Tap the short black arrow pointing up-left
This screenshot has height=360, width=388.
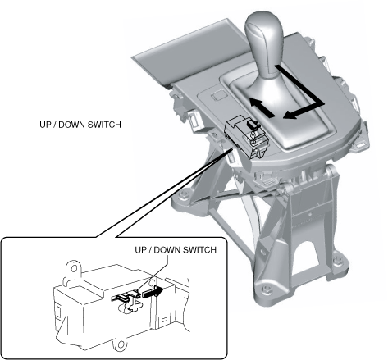pyautogui.click(x=262, y=107)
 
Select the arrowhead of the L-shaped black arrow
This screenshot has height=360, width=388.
pyautogui.click(x=290, y=115)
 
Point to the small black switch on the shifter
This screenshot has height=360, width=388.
pyautogui.click(x=253, y=124)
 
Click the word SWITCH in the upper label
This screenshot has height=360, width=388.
pyautogui.click(x=104, y=125)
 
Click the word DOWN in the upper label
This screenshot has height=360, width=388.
pyautogui.click(x=72, y=125)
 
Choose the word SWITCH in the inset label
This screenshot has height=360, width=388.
pyautogui.click(x=199, y=249)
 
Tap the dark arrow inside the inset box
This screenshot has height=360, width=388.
pyautogui.click(x=153, y=292)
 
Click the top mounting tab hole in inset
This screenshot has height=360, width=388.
pyautogui.click(x=74, y=268)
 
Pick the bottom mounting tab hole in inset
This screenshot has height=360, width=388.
pyautogui.click(x=121, y=345)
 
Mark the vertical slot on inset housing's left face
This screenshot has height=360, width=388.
pyautogui.click(x=58, y=312)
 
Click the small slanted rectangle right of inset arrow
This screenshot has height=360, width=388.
pyautogui.click(x=164, y=320)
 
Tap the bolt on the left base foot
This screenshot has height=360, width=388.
pyautogui.click(x=184, y=195)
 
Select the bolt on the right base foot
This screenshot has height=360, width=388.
pyautogui.click(x=338, y=260)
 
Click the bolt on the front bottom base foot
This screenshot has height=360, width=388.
pyautogui.click(x=266, y=289)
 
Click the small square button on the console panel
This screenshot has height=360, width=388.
pyautogui.click(x=219, y=97)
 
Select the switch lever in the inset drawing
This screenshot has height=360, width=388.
pyautogui.click(x=128, y=297)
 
